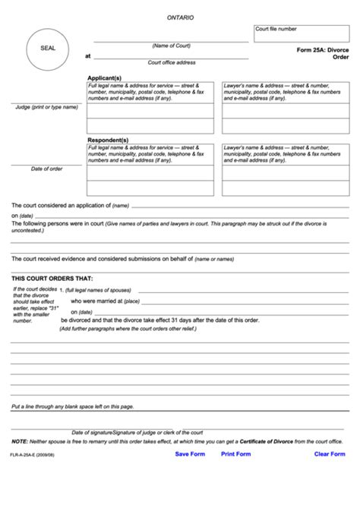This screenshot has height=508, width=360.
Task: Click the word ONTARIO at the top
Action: [x=180, y=17]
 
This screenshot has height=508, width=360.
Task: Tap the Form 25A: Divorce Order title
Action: [x=323, y=52]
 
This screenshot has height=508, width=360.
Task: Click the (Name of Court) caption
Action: [x=170, y=46]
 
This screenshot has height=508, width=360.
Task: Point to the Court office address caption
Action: [x=172, y=62]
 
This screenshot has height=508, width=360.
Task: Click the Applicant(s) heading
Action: [x=105, y=78]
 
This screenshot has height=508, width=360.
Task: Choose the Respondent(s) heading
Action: [x=107, y=140]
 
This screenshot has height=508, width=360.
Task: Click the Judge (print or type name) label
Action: [x=46, y=107]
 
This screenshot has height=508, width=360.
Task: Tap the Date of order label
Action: [x=46, y=169]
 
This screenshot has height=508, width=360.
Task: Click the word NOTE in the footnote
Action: [x=20, y=441]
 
